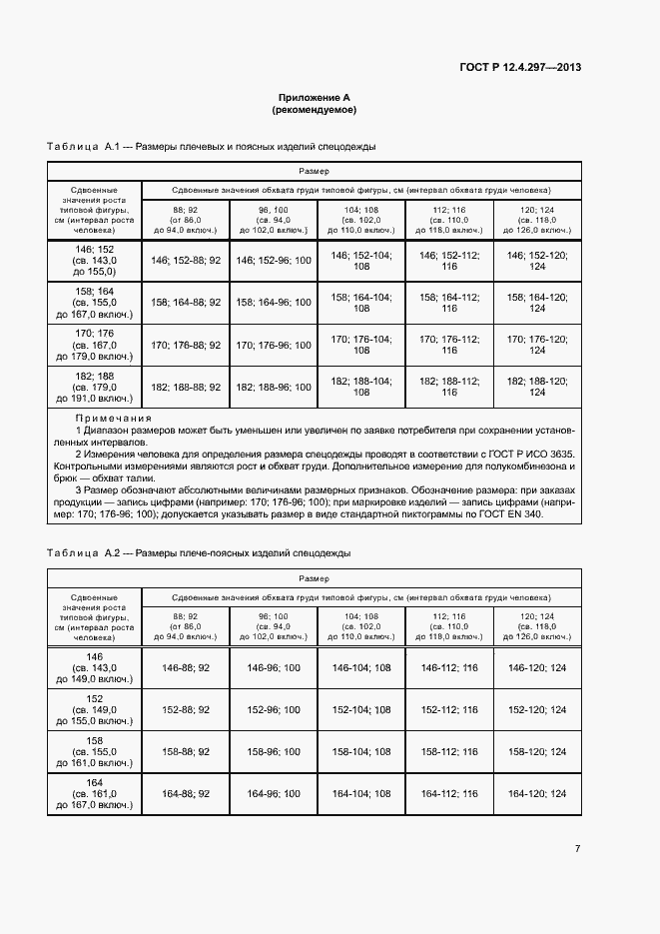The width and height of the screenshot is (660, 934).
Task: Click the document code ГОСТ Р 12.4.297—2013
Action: [520, 68]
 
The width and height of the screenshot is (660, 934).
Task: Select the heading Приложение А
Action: [315, 98]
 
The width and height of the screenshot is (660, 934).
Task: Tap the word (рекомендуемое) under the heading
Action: [315, 110]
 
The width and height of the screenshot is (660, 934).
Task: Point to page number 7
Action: [577, 848]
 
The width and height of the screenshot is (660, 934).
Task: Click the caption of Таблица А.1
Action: [212, 147]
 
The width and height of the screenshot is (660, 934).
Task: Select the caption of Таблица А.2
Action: [199, 552]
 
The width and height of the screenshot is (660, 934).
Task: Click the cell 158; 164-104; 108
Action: [360, 303]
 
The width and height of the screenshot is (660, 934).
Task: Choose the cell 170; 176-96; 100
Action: [273, 345]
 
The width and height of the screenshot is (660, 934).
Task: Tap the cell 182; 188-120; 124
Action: [537, 387]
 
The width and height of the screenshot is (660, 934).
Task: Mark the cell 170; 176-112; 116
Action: [449, 345]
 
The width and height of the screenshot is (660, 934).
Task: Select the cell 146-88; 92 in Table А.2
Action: [186, 667]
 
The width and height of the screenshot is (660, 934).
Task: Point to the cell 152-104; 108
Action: [360, 709]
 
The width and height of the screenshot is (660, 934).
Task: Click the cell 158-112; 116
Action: [449, 751]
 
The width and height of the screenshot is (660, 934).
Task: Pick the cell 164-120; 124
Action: [537, 793]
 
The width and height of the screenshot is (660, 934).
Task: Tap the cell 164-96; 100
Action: [273, 793]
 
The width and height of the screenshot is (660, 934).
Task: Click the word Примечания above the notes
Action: [113, 419]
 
